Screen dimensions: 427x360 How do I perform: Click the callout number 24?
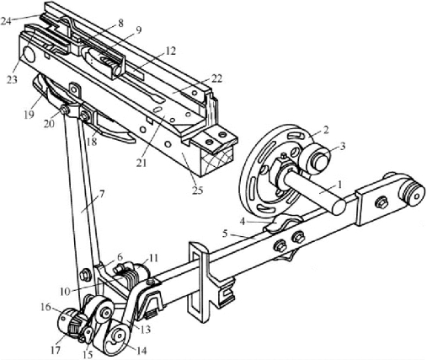(6, 21)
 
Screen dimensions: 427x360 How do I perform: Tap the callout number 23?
(12, 79)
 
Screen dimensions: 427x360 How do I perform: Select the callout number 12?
(170, 51)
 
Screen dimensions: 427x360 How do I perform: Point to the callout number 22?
(216, 78)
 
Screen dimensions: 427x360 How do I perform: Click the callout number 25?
(197, 191)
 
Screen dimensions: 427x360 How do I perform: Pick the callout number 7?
(101, 194)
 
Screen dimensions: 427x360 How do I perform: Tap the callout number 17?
(56, 351)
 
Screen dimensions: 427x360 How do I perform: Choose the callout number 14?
(141, 351)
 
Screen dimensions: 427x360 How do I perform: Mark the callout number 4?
(243, 222)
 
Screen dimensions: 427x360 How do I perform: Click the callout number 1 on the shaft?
(339, 185)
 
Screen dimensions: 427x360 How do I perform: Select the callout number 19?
(29, 115)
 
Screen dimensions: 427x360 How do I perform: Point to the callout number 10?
(65, 292)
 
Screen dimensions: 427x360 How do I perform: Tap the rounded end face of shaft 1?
(337, 207)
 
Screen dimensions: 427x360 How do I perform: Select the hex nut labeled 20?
(65, 110)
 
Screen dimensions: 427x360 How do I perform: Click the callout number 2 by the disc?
(325, 130)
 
